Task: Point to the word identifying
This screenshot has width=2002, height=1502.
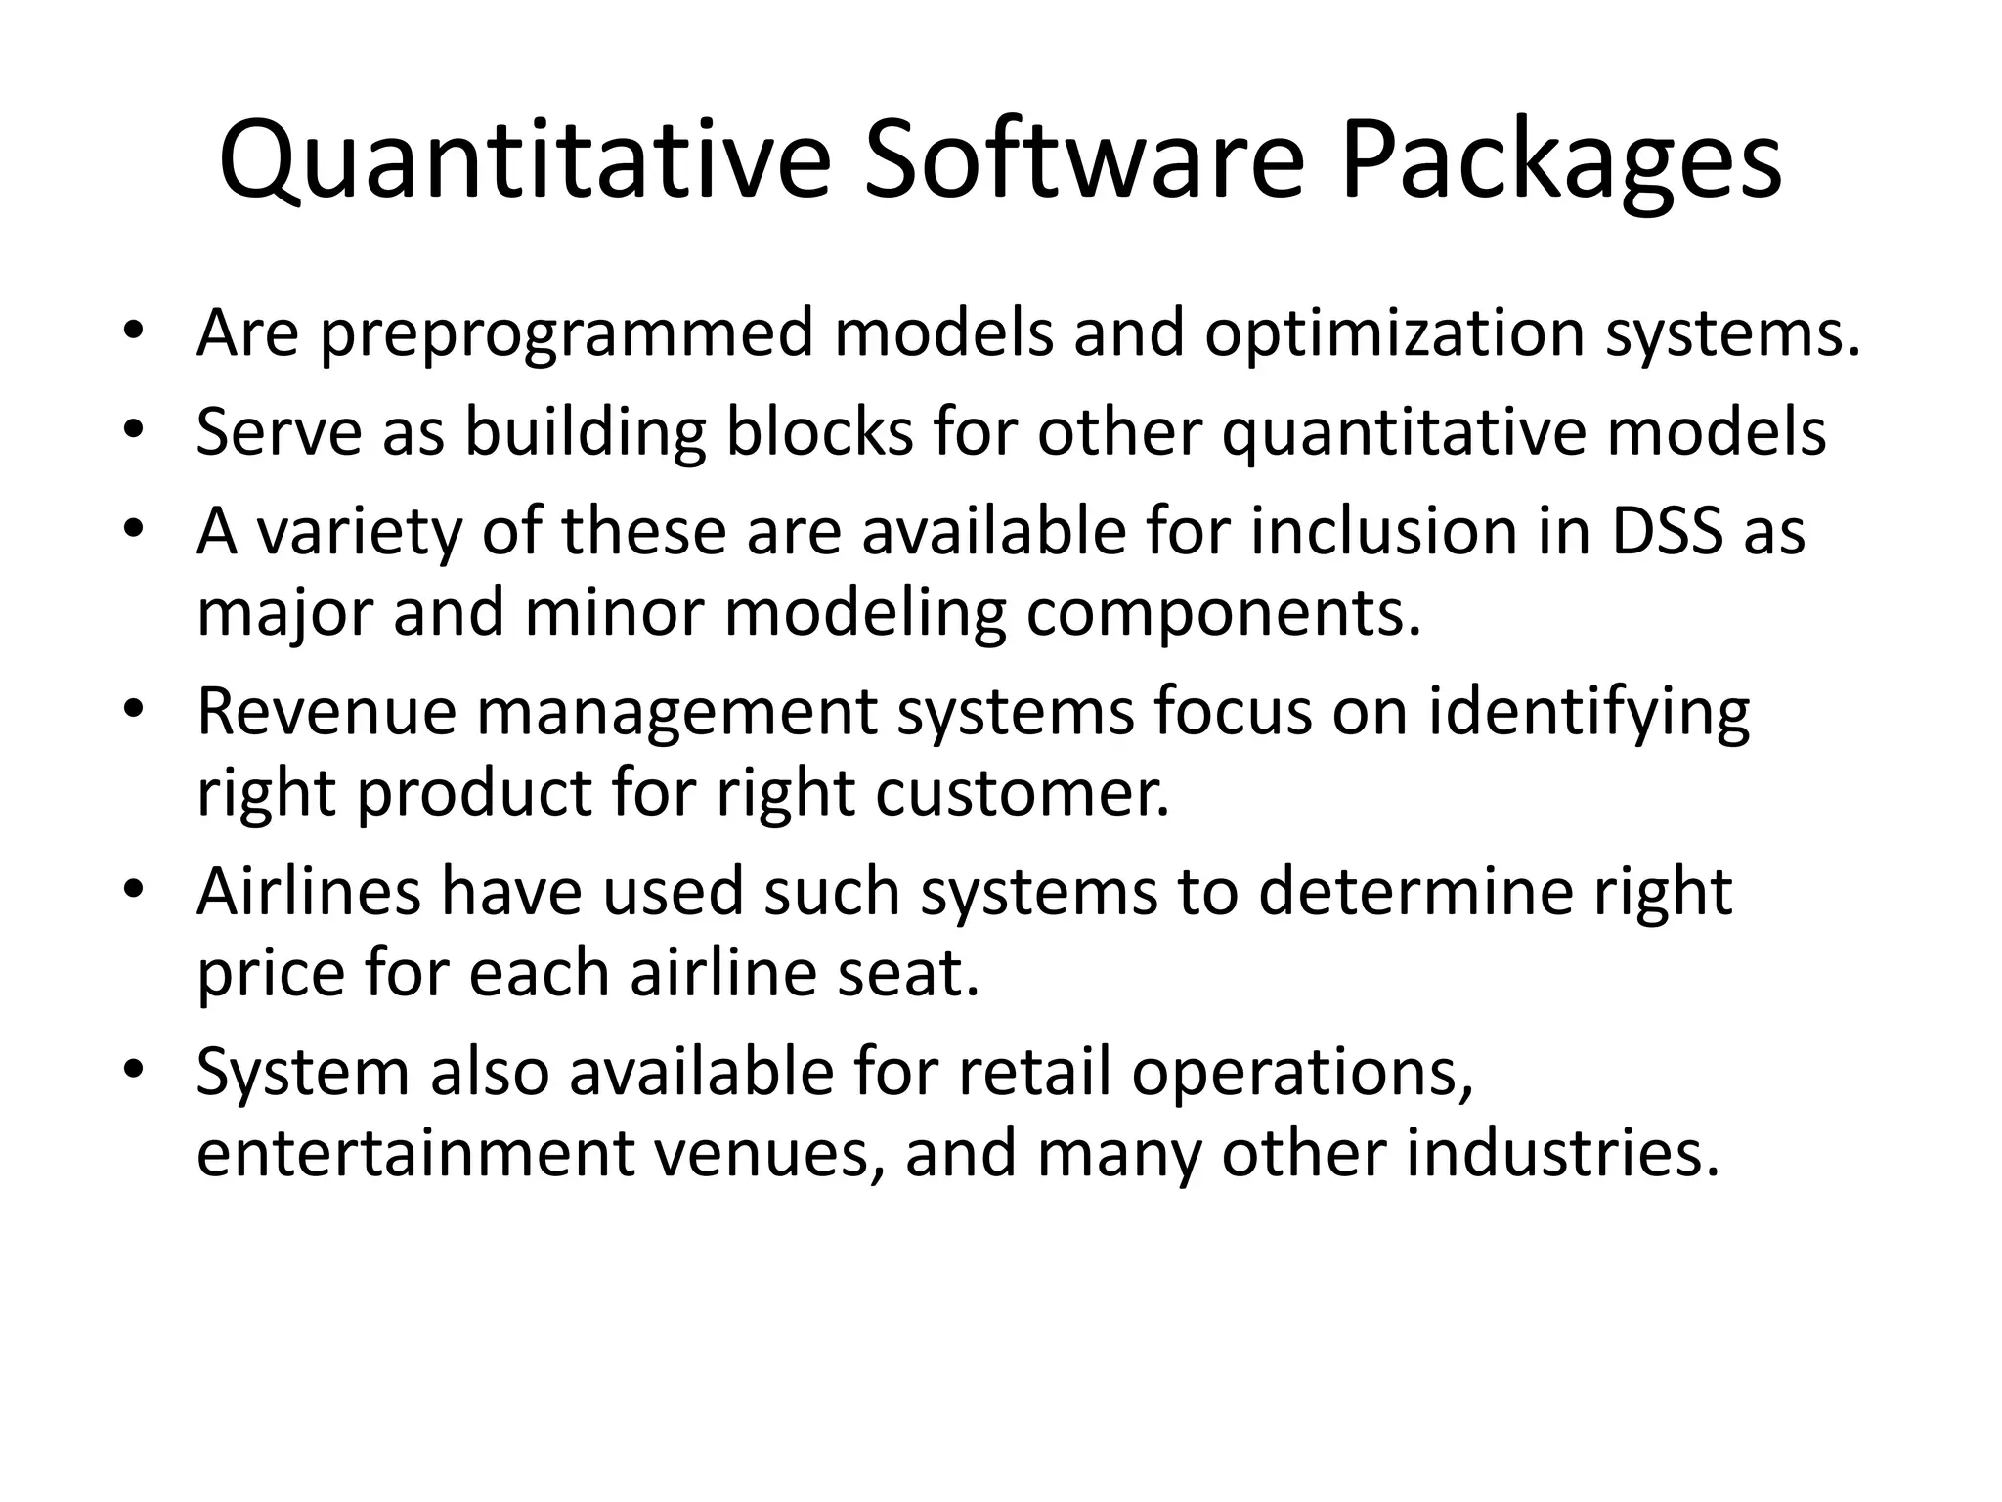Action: (x=1589, y=714)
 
